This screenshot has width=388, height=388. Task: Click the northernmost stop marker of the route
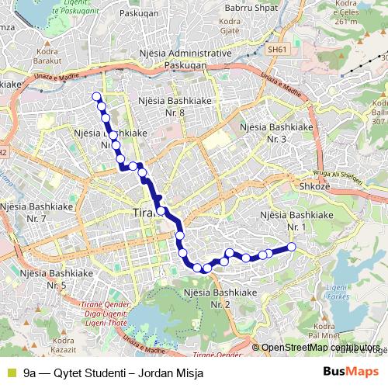pyautogui.click(x=97, y=97)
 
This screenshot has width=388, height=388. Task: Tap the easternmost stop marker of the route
pyautogui.click(x=292, y=247)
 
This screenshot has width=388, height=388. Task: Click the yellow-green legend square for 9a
pyautogui.click(x=11, y=373)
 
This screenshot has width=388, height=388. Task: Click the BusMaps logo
pyautogui.click(x=346, y=372)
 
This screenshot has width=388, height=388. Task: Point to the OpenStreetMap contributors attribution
pyautogui.click(x=320, y=348)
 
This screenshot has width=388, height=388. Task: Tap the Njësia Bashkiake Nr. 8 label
pyautogui.click(x=171, y=107)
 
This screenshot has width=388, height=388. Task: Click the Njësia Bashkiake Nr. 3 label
pyautogui.click(x=276, y=133)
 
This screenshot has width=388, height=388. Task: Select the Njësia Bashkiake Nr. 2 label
pyautogui.click(x=220, y=299)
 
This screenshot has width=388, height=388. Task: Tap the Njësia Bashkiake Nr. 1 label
pyautogui.click(x=297, y=220)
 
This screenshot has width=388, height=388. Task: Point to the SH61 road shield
pyautogui.click(x=275, y=49)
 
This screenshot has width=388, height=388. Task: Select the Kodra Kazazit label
pyautogui.click(x=64, y=345)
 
